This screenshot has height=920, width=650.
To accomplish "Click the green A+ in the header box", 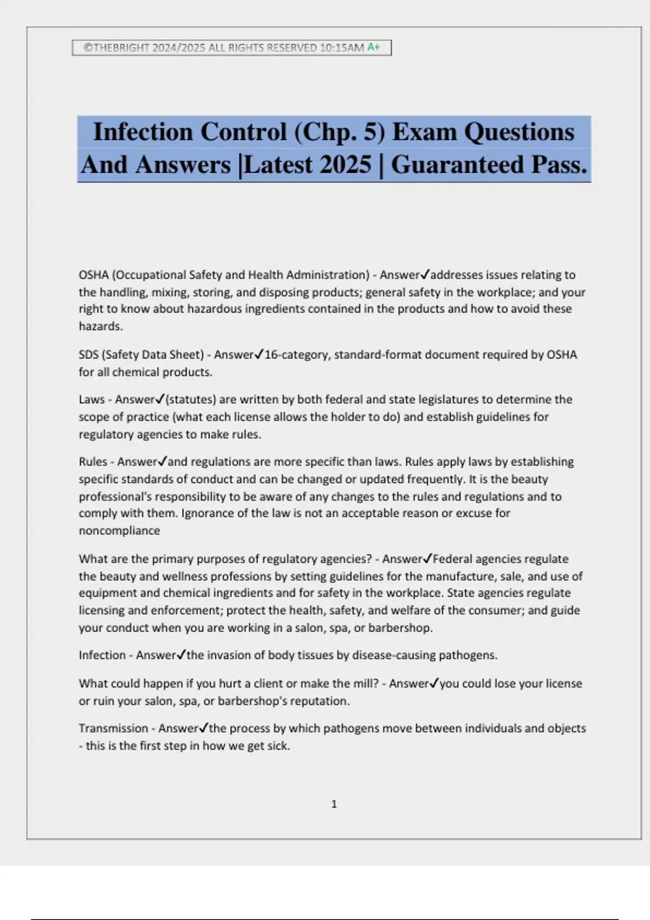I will click(374, 47).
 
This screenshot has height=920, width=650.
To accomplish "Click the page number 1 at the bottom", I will click(334, 804).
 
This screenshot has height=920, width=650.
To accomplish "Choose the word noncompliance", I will click(119, 530).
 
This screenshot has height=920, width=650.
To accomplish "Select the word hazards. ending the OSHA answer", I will click(101, 326).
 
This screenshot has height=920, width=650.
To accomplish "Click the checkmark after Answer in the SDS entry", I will click(259, 354).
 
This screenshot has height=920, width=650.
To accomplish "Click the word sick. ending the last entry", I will click(278, 746).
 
